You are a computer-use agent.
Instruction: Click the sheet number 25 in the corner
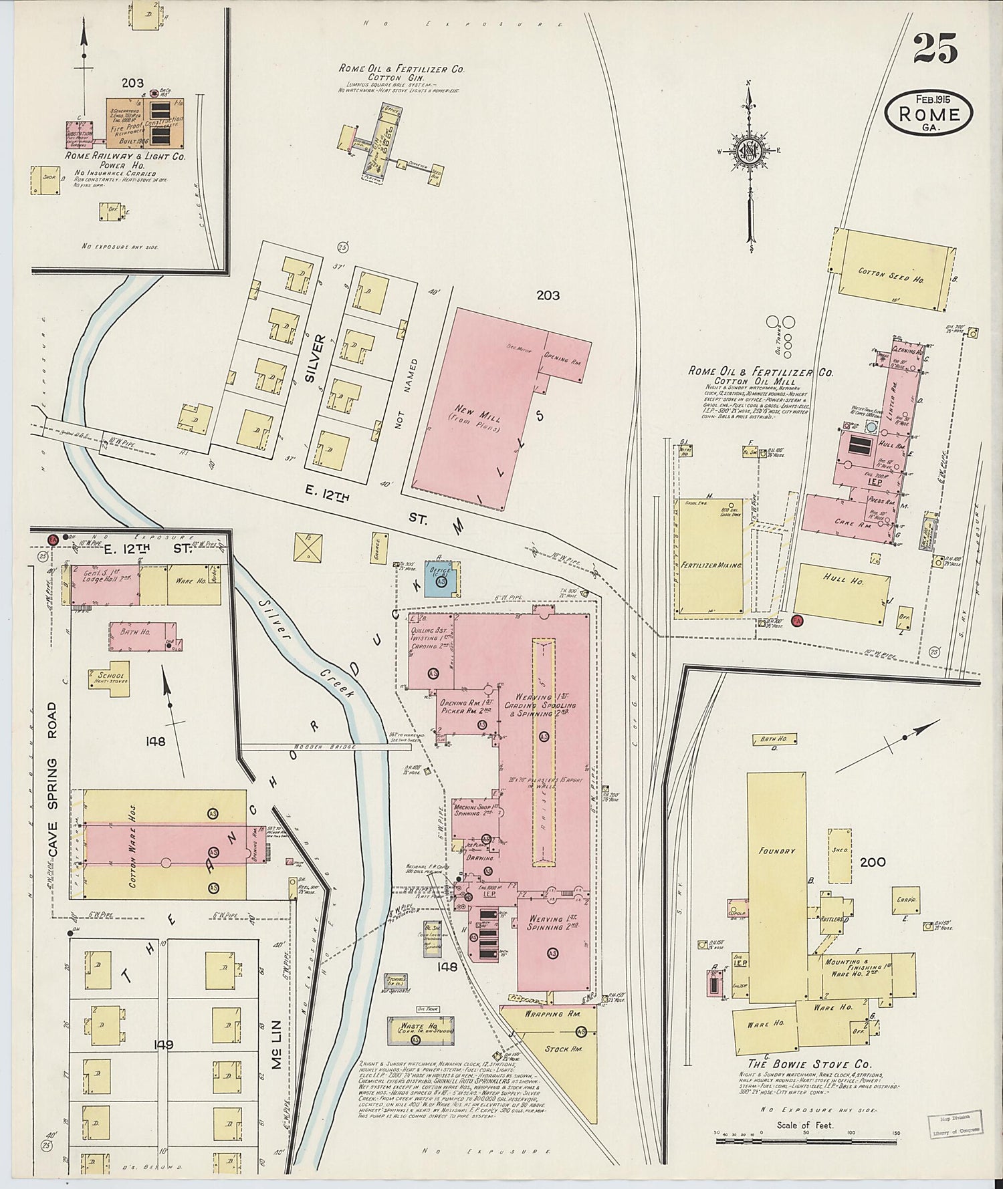tap(935, 49)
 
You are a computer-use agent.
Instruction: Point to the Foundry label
tap(776, 851)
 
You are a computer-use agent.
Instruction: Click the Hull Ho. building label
tap(847, 581)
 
